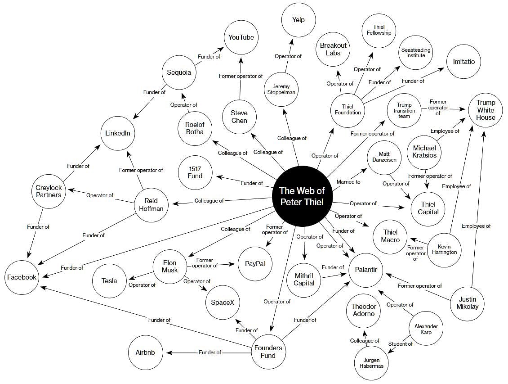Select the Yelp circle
tap(299, 20)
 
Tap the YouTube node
tap(241, 37)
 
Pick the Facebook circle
tap(22, 277)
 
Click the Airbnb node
tap(145, 352)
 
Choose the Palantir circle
tap(365, 270)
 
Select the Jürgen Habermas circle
tap(371, 363)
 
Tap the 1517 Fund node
tap(195, 172)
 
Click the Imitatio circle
tap(463, 62)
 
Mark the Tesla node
tap(109, 281)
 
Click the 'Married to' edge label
tap(348, 182)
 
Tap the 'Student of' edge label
tap(400, 344)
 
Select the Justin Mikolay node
tap(468, 303)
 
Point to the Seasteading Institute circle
tap(415, 53)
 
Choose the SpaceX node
tap(223, 303)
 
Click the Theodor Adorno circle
tap(363, 310)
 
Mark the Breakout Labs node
tap(333, 49)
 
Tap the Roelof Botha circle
tap(195, 128)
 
